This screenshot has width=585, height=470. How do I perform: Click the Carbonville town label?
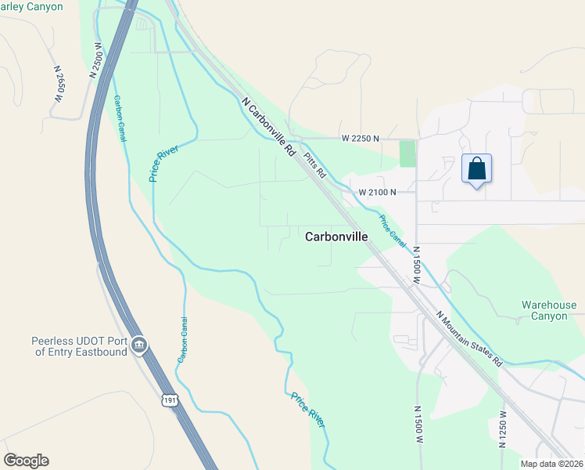click(336, 236)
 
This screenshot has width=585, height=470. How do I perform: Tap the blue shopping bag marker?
click(477, 168)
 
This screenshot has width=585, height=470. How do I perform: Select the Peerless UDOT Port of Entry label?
click(78, 346)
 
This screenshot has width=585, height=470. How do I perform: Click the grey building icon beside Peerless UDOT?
click(139, 345)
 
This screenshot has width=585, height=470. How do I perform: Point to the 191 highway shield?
click(170, 400)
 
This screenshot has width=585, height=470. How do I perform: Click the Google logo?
click(26, 461)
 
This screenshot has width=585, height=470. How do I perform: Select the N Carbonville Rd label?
click(268, 125)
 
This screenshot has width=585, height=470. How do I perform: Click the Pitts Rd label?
click(314, 165)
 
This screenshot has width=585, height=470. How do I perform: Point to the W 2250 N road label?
click(360, 138)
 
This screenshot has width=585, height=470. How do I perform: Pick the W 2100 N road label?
click(377, 191)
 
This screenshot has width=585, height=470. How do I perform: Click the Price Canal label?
click(393, 232)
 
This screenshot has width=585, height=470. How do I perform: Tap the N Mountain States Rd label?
click(468, 339)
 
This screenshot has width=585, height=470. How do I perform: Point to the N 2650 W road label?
click(58, 83)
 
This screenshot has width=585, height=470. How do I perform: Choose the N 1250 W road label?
click(503, 428)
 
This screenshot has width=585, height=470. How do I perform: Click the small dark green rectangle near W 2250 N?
click(407, 153)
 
